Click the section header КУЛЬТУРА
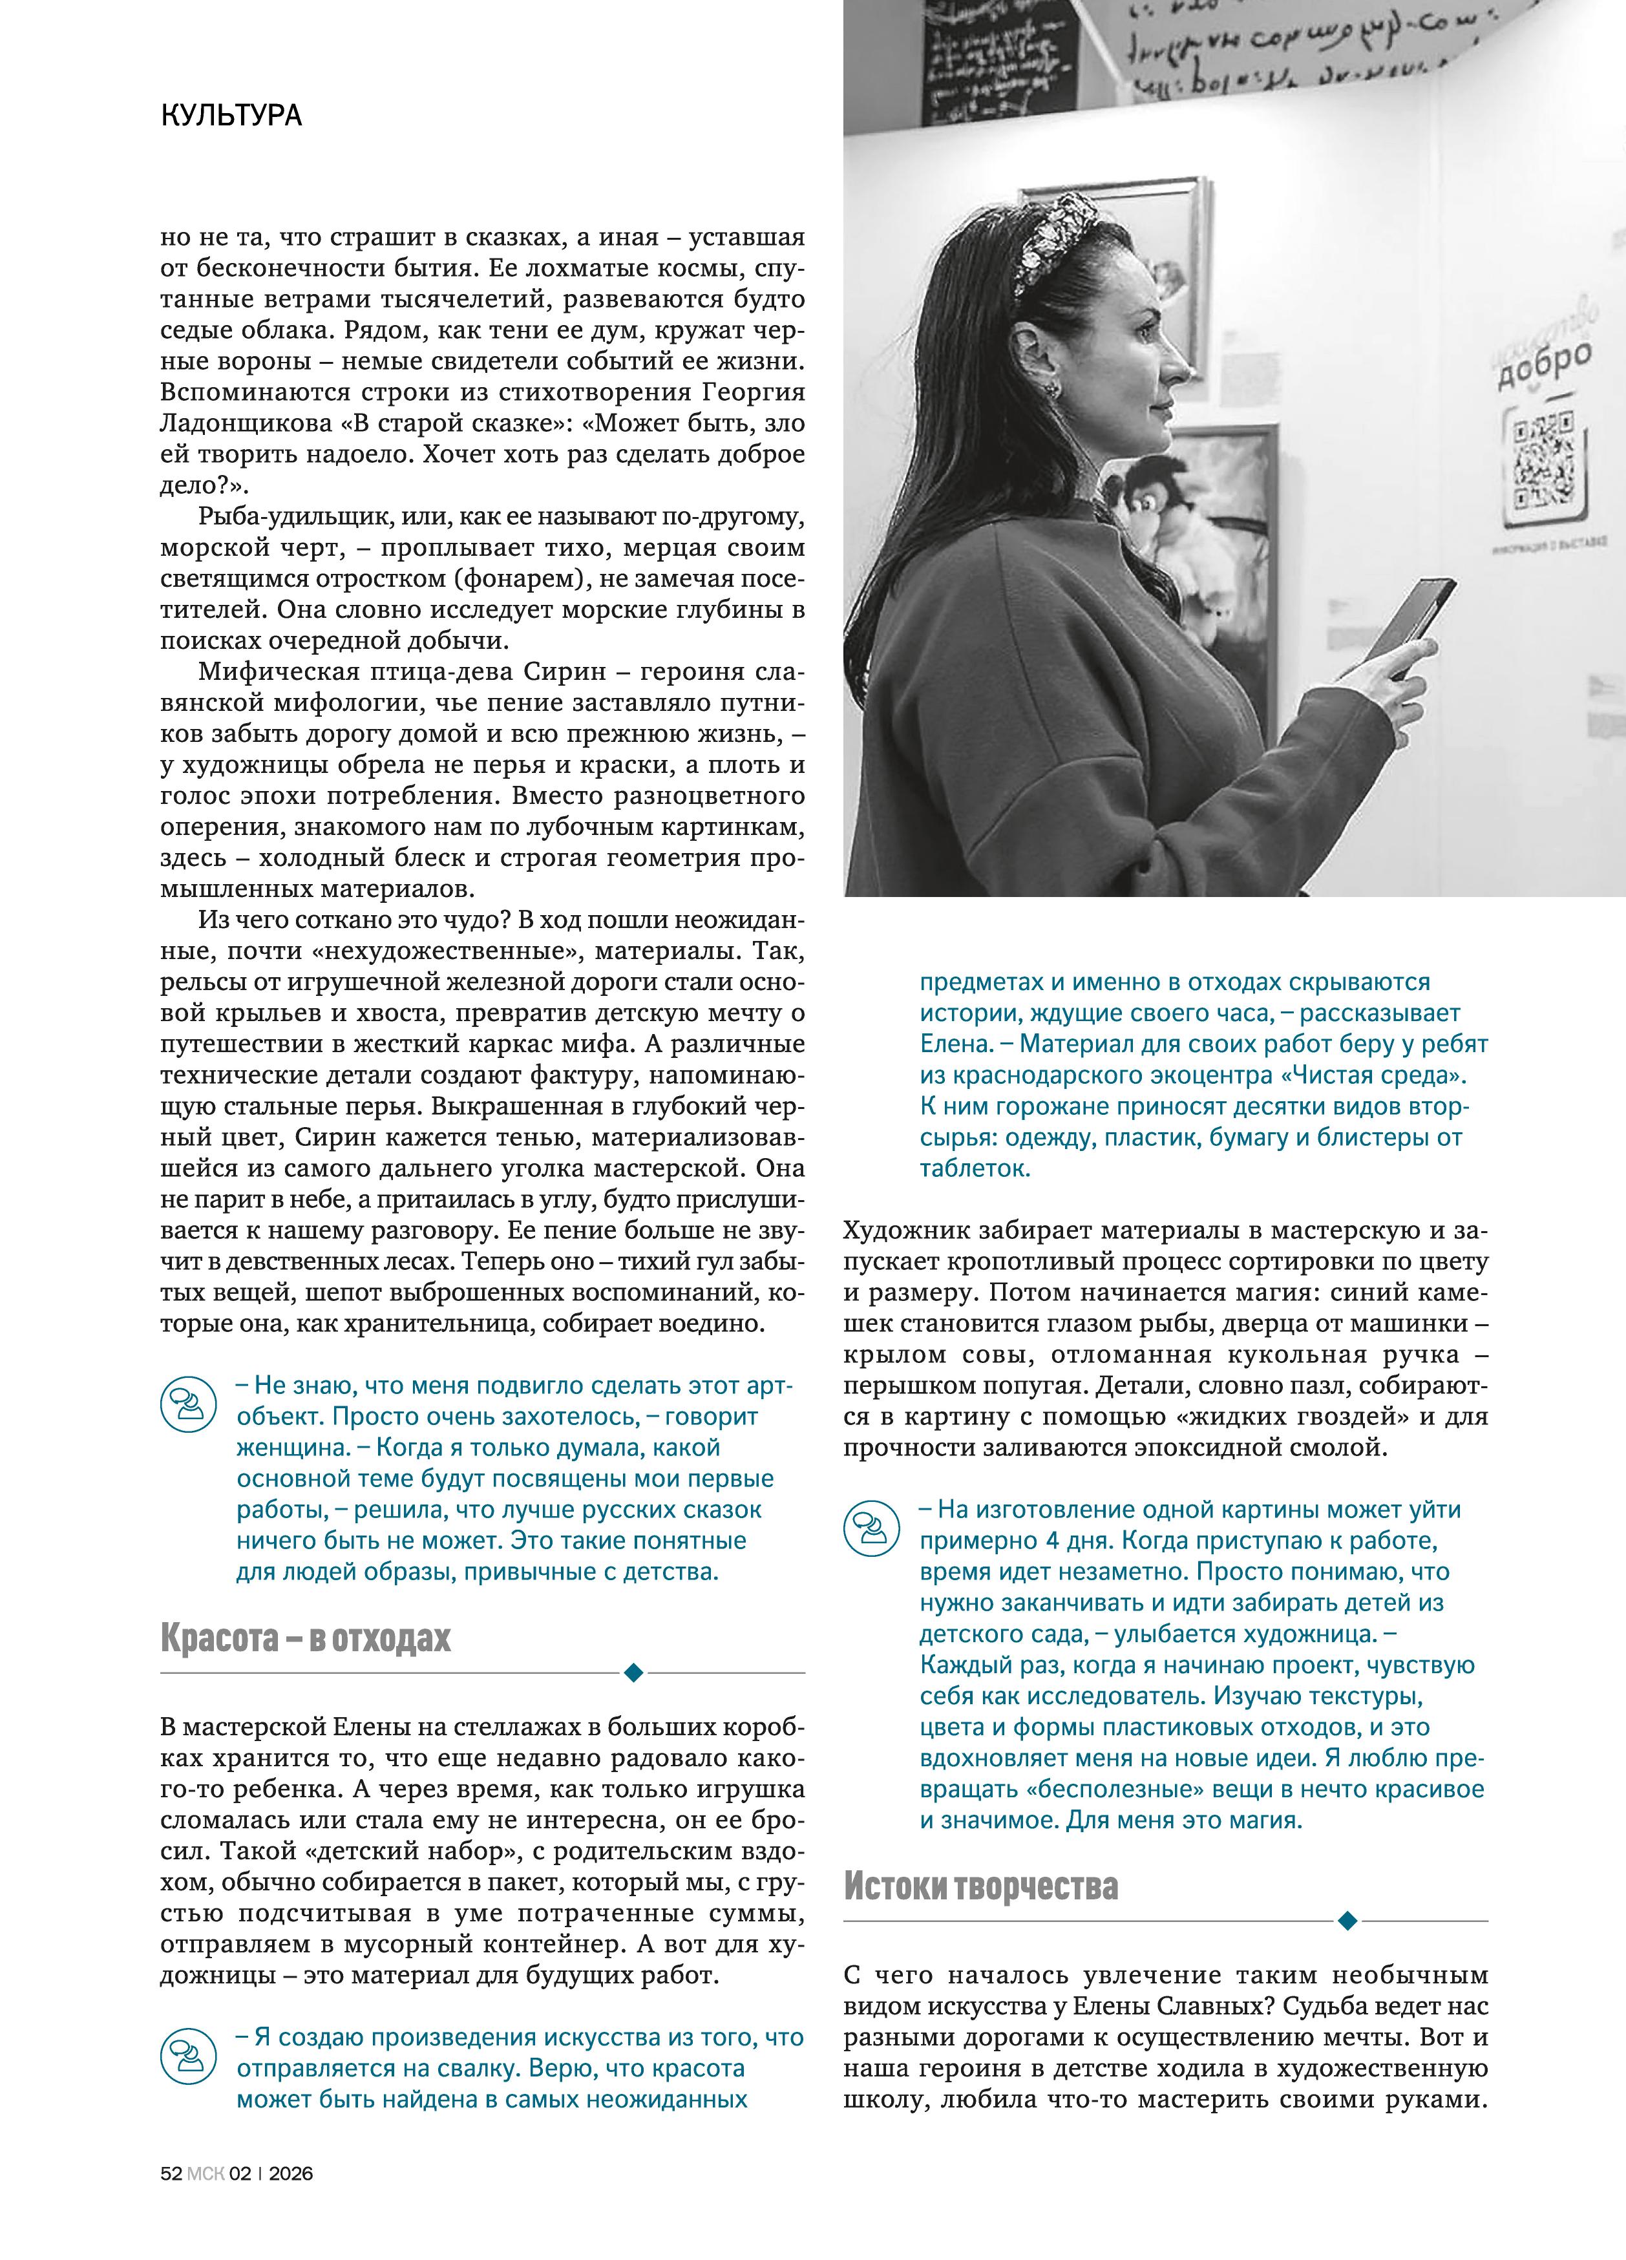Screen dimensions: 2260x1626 [231, 116]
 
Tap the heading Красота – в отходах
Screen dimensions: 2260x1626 [305, 1638]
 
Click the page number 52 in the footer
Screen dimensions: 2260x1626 [171, 2172]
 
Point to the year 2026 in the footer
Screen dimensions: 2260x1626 [290, 2172]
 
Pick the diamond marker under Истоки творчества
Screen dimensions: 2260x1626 [1347, 1920]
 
